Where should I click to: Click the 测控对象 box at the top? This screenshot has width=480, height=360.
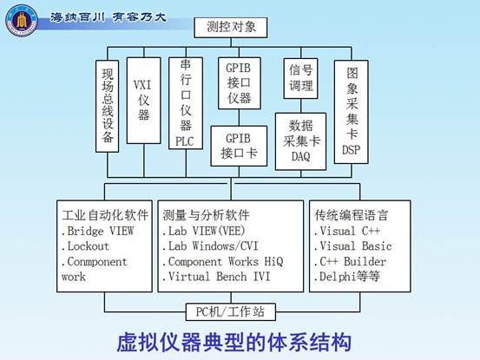click(x=231, y=28)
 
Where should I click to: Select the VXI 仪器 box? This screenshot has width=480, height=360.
click(x=143, y=101)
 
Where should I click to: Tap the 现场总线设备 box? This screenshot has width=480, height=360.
click(x=107, y=106)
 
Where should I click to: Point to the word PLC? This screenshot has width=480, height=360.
click(x=185, y=141)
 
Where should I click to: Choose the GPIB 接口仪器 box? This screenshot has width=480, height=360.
click(x=240, y=83)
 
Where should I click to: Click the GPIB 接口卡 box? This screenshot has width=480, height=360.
click(x=239, y=147)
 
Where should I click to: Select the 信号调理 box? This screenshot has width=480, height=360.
click(x=300, y=78)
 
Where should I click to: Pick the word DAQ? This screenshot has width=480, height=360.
click(x=300, y=157)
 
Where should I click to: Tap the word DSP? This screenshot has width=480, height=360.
click(x=352, y=150)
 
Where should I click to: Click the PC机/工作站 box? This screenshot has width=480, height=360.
click(x=231, y=312)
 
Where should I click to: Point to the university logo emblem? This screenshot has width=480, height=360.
click(x=22, y=21)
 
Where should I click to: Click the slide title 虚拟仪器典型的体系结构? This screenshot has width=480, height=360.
click(x=233, y=342)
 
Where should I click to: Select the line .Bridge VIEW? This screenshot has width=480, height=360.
click(x=98, y=231)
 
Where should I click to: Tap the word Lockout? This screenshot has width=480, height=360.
click(x=89, y=246)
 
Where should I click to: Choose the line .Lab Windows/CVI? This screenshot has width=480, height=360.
click(x=211, y=246)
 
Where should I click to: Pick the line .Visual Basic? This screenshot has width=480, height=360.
click(x=353, y=246)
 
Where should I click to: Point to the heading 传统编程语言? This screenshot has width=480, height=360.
click(x=352, y=215)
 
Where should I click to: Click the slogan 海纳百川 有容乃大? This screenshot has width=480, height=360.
click(x=108, y=17)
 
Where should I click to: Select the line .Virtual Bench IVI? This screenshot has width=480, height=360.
click(x=217, y=277)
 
